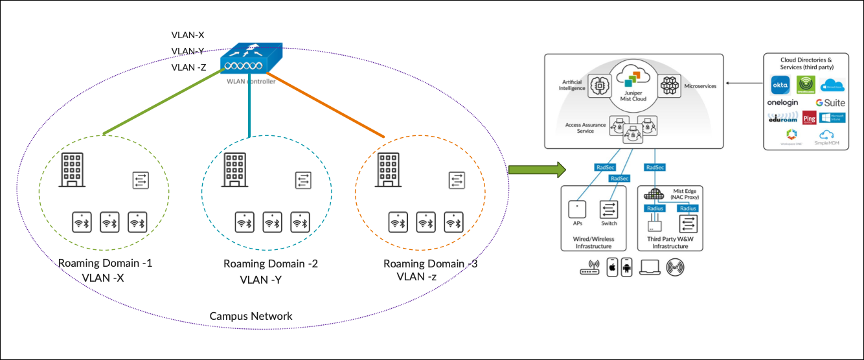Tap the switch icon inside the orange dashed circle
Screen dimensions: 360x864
457,180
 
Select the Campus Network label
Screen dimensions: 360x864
251,317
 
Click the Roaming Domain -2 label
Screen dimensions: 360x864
270,264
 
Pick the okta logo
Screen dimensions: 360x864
780,85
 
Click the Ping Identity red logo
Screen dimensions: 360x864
809,118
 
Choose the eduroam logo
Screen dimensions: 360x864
782,118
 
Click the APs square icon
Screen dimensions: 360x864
577,209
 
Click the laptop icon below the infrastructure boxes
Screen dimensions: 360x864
650,267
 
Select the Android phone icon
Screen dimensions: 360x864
626,267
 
